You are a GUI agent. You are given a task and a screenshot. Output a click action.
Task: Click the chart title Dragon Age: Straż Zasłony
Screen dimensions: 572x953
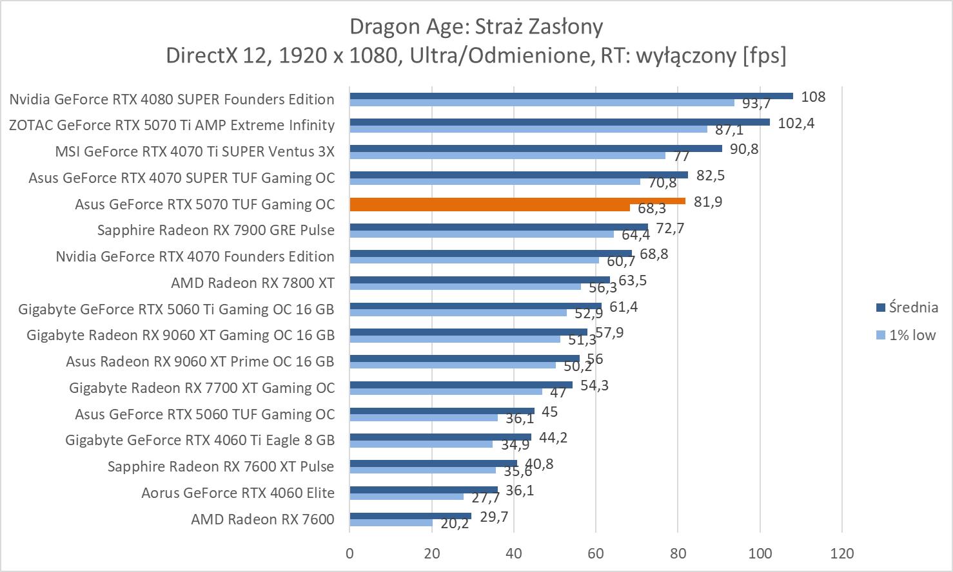click(476, 26)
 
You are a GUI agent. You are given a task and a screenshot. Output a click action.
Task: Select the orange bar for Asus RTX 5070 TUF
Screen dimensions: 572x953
click(517, 201)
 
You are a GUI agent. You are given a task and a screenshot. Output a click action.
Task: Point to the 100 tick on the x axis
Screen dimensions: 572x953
click(760, 553)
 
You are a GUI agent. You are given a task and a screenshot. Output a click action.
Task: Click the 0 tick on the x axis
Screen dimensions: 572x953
click(349, 553)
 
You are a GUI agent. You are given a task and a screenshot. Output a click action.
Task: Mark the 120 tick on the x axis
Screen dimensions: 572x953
click(842, 553)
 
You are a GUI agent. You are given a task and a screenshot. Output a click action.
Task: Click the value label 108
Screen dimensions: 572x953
click(813, 97)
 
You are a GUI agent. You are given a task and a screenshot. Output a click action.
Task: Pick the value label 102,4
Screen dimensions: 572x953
click(796, 123)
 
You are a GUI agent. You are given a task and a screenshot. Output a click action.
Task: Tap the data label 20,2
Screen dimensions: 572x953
click(455, 524)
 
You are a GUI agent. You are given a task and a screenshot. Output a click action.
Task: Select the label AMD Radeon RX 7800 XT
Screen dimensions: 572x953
click(253, 283)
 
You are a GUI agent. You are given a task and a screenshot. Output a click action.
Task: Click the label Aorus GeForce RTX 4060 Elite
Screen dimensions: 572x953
click(238, 493)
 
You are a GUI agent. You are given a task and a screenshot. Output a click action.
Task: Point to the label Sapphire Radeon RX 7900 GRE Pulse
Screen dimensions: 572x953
click(216, 230)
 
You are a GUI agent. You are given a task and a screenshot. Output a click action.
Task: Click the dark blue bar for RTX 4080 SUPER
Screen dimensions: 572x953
click(571, 96)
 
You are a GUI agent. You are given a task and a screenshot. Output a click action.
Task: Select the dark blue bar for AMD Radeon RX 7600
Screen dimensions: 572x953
click(410, 516)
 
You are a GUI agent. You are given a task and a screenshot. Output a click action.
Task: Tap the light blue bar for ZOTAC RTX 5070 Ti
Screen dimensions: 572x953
click(528, 129)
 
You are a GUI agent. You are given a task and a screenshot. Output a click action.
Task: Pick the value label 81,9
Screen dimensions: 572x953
click(708, 202)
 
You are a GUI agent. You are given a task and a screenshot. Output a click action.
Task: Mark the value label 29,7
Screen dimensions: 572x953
click(495, 517)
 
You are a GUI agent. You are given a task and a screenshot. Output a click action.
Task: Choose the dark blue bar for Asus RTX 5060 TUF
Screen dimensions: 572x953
click(442, 411)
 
